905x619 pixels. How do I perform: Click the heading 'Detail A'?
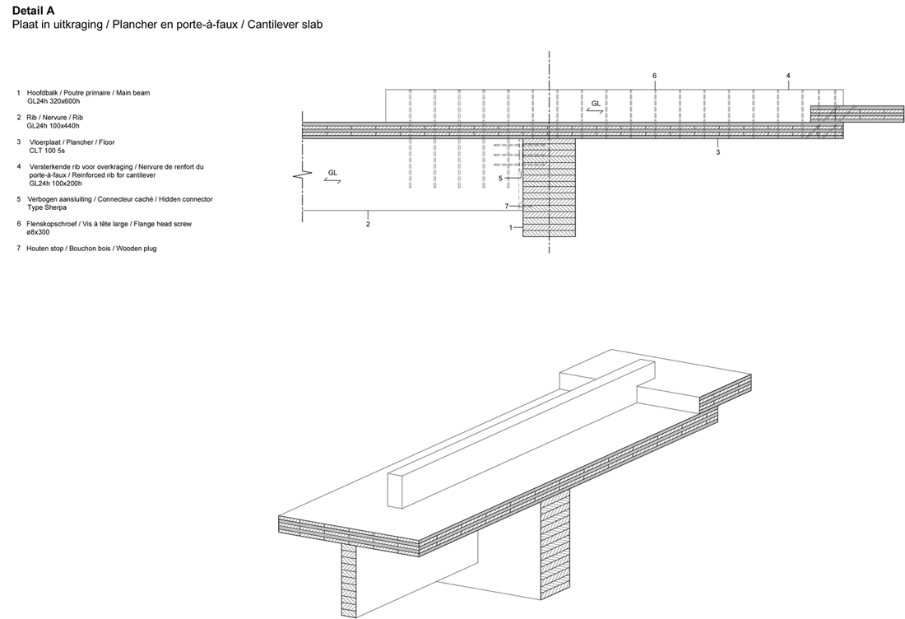point(33,11)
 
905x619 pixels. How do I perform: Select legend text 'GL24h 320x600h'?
point(53,101)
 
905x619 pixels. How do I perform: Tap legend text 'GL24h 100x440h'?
point(53,126)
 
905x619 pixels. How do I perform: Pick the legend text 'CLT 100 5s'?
point(47,151)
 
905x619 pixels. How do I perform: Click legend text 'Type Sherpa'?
point(47,208)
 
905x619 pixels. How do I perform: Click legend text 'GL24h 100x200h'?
point(55,184)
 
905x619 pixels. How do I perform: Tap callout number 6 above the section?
point(655,76)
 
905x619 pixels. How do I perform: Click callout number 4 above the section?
point(788,76)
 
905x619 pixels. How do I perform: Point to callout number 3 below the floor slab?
point(718,152)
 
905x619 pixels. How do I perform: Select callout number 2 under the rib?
point(368,224)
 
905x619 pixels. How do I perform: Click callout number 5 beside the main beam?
point(500,178)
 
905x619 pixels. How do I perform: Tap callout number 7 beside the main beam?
point(508,206)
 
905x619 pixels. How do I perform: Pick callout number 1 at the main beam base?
point(511,227)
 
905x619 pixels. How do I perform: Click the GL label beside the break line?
point(332,173)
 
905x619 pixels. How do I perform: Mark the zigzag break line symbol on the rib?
point(304,175)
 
